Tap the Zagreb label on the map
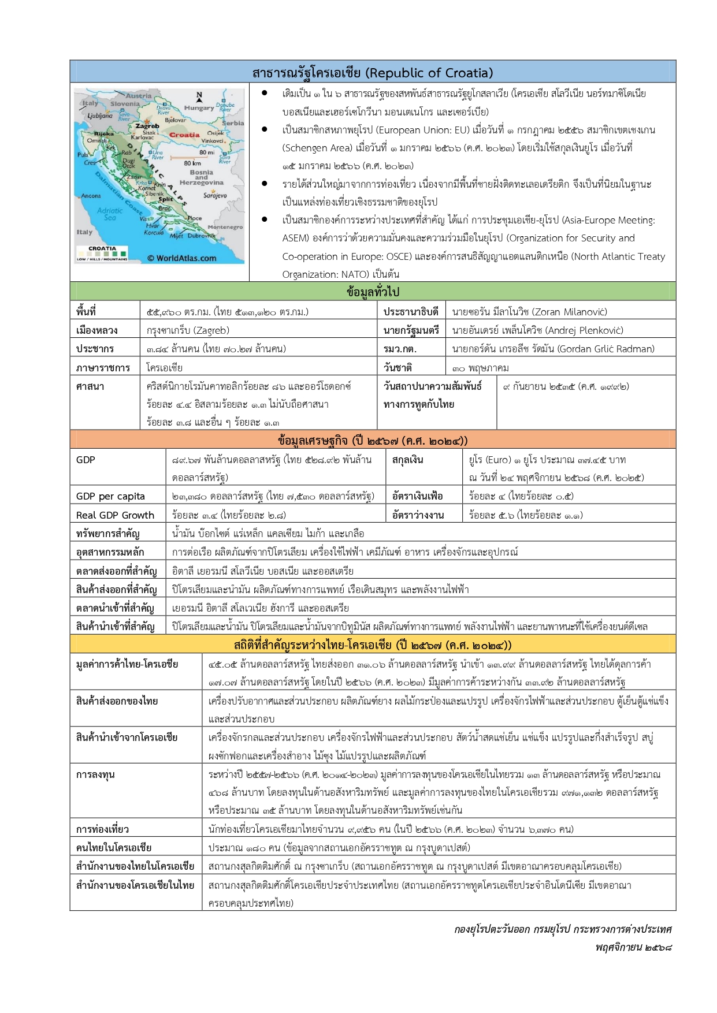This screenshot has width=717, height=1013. [x=147, y=125]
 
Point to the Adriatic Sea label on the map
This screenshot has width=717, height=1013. [x=109, y=214]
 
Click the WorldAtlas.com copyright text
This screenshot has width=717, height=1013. [x=181, y=258]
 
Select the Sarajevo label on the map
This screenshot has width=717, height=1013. [x=215, y=195]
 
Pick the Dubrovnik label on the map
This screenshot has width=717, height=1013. [x=200, y=236]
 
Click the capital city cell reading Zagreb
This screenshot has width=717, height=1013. [x=188, y=330]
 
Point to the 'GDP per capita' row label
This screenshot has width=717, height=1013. [x=110, y=496]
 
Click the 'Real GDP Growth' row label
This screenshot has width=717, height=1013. [x=115, y=515]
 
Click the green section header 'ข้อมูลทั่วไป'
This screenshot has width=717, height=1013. [x=373, y=292]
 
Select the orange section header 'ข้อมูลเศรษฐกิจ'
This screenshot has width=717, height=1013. [x=373, y=441]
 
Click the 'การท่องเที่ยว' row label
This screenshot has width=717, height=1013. [x=102, y=829]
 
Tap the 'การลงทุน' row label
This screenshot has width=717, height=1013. [x=95, y=774]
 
